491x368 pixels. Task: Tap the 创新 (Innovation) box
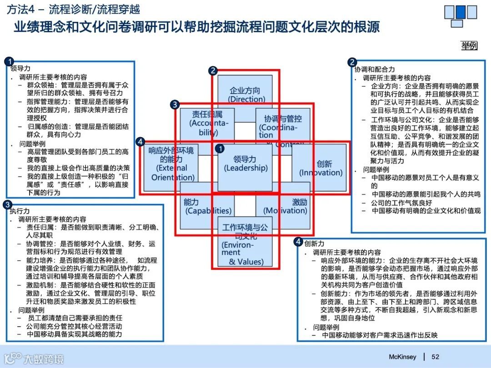coord(321,168)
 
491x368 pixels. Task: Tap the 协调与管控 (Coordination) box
coord(283,123)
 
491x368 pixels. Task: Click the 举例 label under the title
coord(469,45)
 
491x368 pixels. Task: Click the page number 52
coord(435,357)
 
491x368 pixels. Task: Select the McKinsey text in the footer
coord(402,357)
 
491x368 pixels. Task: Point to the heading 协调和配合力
coord(375,70)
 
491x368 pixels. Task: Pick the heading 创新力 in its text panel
coord(315,243)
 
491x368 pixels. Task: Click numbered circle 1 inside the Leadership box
coord(220,149)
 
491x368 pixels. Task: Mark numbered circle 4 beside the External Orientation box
coord(141,142)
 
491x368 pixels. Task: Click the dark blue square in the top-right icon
coord(461,11)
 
